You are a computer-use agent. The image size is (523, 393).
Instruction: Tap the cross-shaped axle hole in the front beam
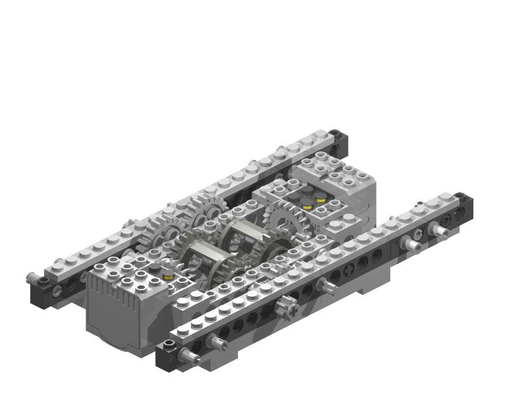click(x=348, y=268)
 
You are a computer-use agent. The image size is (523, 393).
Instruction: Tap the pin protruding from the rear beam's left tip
click(x=30, y=278)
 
